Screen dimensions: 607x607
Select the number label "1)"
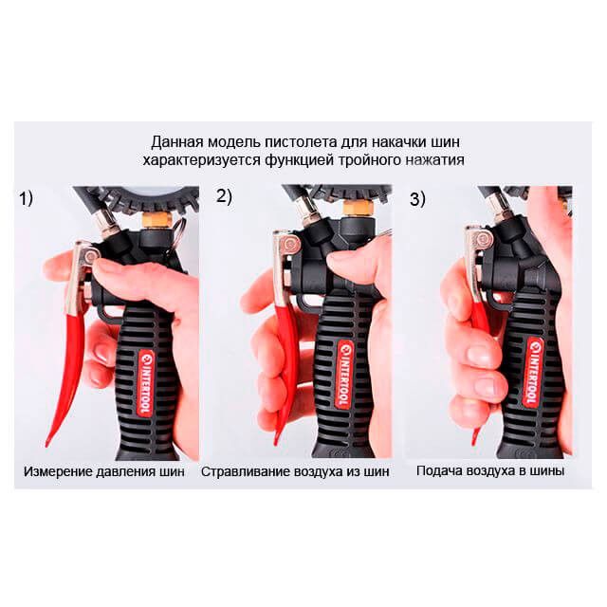pos(27,198)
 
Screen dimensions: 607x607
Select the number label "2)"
pos(224,196)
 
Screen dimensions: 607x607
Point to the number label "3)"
pos(417,199)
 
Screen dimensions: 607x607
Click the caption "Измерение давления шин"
pos(103,471)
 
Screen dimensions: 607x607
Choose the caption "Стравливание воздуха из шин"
pos(295,471)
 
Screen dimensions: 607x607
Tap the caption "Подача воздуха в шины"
pos(490,470)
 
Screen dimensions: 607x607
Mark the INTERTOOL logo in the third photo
pos(533,373)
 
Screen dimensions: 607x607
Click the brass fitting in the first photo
pos(157,220)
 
